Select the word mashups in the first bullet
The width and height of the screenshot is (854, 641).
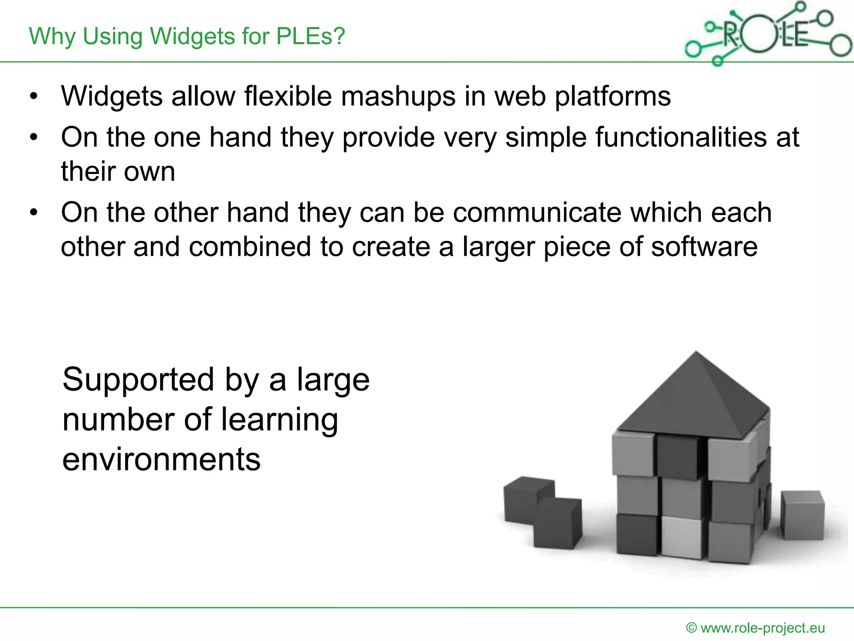(398, 97)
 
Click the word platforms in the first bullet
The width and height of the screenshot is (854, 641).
(612, 97)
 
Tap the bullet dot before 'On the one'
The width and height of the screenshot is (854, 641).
(34, 137)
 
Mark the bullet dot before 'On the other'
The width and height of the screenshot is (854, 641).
(34, 213)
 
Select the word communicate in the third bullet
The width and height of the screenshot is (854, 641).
(537, 213)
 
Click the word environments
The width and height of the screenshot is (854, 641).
(161, 459)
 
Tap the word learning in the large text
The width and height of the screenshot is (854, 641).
(279, 421)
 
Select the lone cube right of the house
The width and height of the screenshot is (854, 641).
(802, 515)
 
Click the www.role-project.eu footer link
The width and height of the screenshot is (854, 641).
(762, 628)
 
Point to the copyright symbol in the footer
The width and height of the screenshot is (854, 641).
(691, 628)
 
